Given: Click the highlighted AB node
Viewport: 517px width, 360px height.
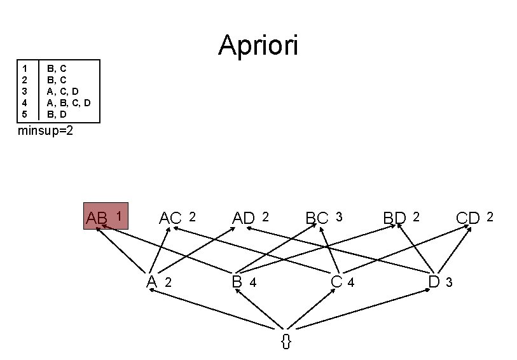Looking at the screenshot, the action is pos(106,217).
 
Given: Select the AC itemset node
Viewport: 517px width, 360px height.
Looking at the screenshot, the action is pos(170,218).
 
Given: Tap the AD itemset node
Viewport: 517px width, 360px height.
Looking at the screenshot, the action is pos(244,218).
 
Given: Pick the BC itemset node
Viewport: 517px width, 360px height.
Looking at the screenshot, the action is pos(317,218).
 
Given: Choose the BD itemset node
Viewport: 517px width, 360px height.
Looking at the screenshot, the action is pos(394,218).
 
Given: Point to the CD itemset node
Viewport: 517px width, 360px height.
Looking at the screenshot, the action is pos(468,218).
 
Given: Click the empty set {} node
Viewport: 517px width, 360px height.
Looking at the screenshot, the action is pos(286,340).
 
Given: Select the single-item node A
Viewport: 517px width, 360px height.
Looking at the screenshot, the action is pos(151,281).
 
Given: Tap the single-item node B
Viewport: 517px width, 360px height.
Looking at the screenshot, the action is pos(237,281).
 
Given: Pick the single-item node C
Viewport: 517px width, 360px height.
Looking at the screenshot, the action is pos(337,281).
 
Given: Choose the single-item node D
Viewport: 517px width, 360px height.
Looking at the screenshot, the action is pos(434,281).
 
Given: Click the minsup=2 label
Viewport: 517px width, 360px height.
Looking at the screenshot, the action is pos(46,131).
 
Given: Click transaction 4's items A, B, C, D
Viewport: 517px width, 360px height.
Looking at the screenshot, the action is pos(69,102).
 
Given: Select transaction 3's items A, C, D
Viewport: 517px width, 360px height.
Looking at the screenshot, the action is pos(64,91).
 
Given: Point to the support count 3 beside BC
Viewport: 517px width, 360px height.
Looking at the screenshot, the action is pos(339,217).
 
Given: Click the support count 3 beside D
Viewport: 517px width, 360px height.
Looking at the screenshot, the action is pos(449,283).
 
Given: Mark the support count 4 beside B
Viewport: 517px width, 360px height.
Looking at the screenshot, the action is pos(252,283).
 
